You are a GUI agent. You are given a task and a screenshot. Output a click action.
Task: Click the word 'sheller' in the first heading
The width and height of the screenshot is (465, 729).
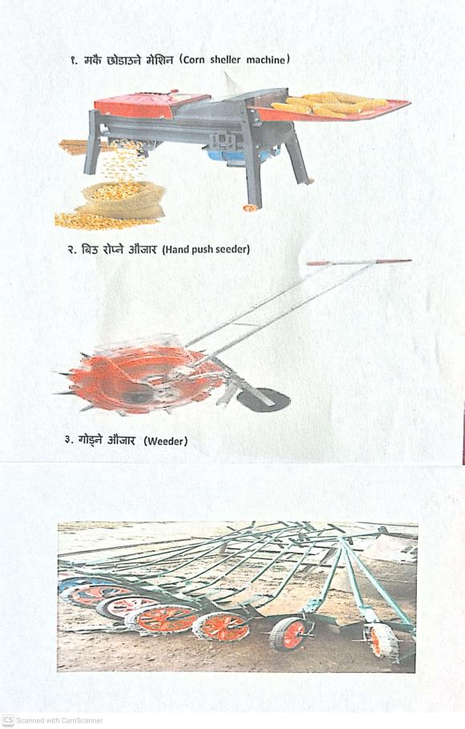click(x=225, y=60)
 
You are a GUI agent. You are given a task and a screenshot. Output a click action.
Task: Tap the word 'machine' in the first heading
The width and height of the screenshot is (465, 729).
click(x=265, y=60)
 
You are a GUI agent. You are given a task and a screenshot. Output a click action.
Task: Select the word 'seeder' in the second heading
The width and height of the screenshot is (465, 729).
click(x=232, y=249)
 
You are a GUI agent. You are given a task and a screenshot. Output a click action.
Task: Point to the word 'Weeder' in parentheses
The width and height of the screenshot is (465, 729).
click(x=166, y=441)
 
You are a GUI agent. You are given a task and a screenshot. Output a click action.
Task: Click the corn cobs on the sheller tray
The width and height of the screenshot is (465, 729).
click(x=330, y=103)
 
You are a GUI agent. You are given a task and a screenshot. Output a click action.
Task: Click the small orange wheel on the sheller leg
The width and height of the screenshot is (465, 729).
click(x=250, y=207)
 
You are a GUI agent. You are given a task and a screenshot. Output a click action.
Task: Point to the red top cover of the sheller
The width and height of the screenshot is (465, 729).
click(x=152, y=105)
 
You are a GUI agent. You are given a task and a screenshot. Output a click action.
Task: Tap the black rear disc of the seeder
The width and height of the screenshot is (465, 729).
click(x=263, y=400)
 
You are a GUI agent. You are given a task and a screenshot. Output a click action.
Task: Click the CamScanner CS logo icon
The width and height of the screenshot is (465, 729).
click(x=8, y=720)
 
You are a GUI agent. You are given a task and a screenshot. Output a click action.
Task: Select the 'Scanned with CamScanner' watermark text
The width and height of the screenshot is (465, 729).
click(x=59, y=720)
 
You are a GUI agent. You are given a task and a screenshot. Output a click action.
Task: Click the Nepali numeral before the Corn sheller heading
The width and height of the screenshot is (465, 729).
click(x=74, y=61)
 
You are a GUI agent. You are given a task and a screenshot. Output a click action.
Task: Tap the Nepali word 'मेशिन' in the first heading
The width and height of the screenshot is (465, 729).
click(x=160, y=59)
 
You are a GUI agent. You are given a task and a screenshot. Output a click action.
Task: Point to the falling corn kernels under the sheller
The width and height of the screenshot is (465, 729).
click(x=122, y=160)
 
